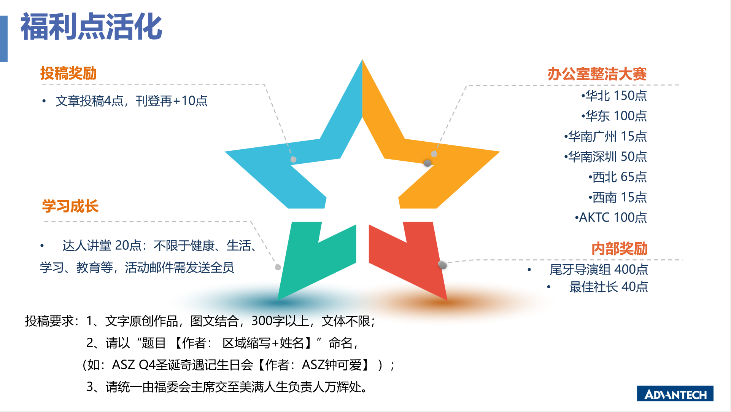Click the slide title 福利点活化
coord(91,27)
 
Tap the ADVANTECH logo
coord(675,394)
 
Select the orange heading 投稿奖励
coord(68,73)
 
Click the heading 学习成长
coord(70,206)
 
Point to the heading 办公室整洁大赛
coord(597,74)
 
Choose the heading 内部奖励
coord(620,249)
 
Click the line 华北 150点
coord(614,96)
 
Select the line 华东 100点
coord(614,116)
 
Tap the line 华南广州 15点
coord(605,136)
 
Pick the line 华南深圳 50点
coord(605,156)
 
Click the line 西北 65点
coord(618,177)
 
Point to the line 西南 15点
coord(618,197)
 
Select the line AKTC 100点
coord(611,217)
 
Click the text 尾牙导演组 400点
coord(599,270)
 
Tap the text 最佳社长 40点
coord(609,287)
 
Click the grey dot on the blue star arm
coord(293,160)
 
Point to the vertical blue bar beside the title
coord(4,38)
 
